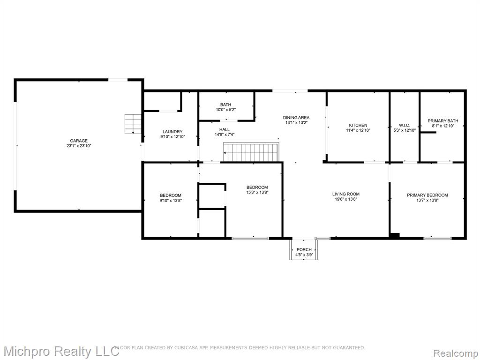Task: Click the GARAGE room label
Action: [x=79, y=141]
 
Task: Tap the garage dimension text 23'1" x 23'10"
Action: [x=79, y=146]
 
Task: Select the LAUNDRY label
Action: [x=172, y=132]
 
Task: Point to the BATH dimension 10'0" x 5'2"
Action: [x=225, y=110]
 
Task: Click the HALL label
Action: [x=225, y=129]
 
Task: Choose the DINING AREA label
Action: [x=296, y=118]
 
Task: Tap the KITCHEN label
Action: [x=358, y=125]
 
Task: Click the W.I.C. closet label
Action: [x=405, y=125]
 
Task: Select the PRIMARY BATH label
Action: [x=443, y=120]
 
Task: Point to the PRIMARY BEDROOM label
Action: [x=427, y=195]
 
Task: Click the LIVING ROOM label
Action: [x=346, y=194]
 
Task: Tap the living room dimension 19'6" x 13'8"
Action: [x=346, y=199]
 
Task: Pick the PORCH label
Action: [x=304, y=249]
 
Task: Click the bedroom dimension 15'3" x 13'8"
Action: [x=257, y=192]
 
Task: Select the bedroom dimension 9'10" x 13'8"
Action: [x=171, y=201]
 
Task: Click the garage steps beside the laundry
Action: [x=133, y=124]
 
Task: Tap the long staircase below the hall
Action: [x=251, y=152]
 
